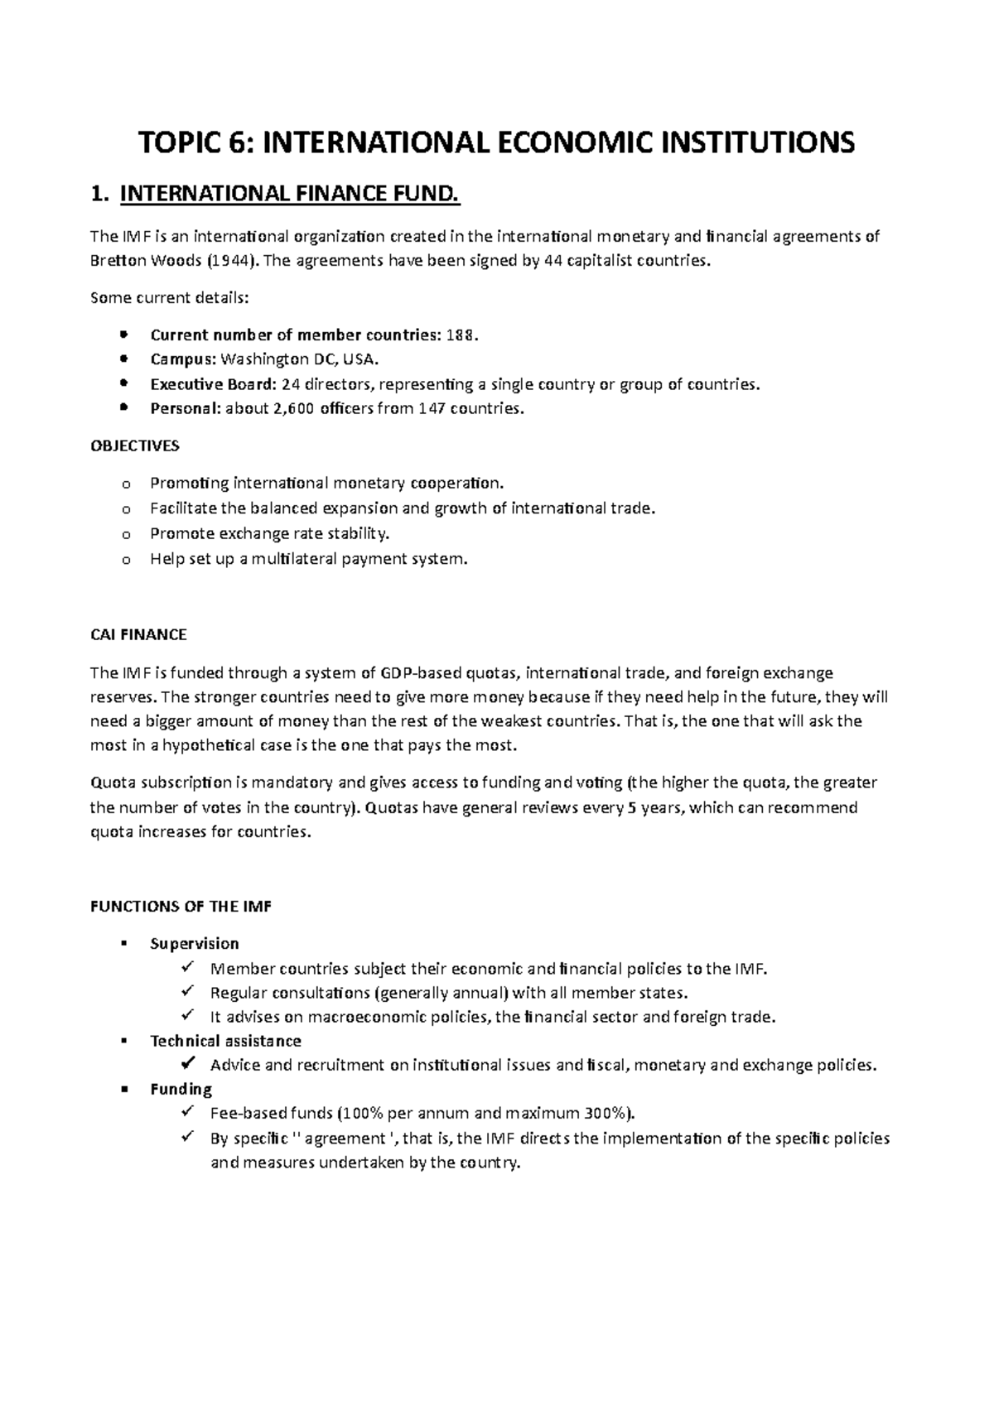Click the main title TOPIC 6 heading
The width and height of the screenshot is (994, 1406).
(497, 143)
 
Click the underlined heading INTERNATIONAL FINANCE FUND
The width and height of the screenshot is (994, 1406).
(289, 195)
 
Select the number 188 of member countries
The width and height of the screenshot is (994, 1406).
(461, 335)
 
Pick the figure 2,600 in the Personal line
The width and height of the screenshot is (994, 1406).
(292, 409)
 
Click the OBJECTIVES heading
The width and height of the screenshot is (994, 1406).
(133, 446)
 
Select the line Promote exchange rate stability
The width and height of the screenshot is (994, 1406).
(269, 533)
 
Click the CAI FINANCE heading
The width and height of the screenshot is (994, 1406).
(138, 635)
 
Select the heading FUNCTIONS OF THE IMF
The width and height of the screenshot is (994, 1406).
(181, 907)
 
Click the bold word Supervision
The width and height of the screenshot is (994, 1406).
(194, 944)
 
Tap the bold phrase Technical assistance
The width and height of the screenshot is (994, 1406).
(225, 1041)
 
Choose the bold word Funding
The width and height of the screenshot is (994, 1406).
(181, 1090)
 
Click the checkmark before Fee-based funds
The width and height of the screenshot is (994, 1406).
(187, 1112)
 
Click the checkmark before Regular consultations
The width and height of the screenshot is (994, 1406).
(187, 991)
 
